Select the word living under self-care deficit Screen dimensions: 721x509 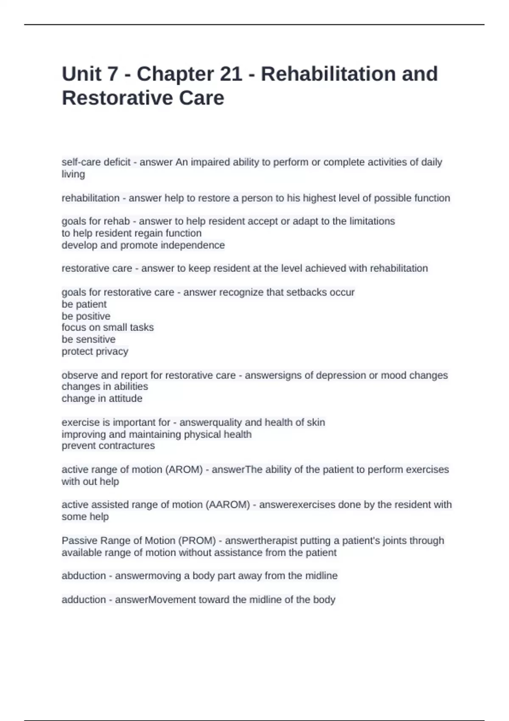click(73, 174)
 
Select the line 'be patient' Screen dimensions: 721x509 click(84, 304)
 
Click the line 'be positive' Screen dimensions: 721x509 click(86, 316)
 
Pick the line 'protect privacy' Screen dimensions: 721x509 click(95, 351)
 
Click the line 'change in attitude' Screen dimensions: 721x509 click(102, 399)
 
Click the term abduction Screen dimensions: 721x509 click(84, 576)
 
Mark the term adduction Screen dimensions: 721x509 click(84, 600)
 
